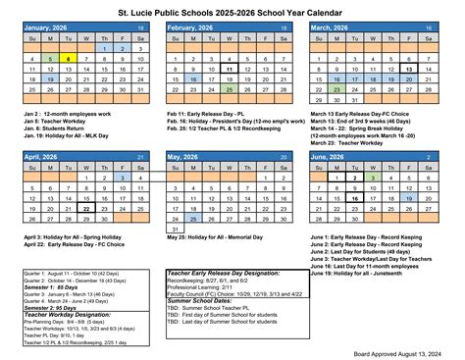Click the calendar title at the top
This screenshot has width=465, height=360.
233,9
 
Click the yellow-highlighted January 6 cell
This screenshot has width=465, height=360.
67,58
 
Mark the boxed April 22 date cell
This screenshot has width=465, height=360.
87,208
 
